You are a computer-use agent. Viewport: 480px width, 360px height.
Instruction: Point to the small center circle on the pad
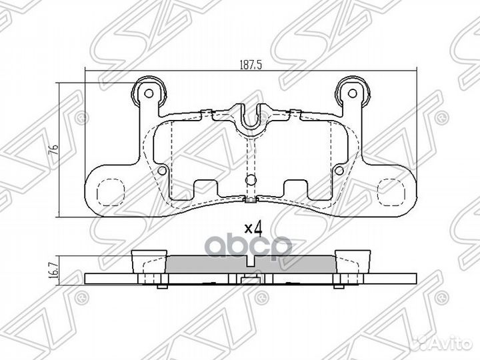249,179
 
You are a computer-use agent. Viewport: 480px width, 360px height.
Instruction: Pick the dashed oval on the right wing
391,193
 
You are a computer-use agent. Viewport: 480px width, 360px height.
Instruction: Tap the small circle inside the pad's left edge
162,172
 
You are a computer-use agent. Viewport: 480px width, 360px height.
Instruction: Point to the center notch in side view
250,279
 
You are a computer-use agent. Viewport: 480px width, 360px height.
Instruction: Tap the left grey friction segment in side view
207,265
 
